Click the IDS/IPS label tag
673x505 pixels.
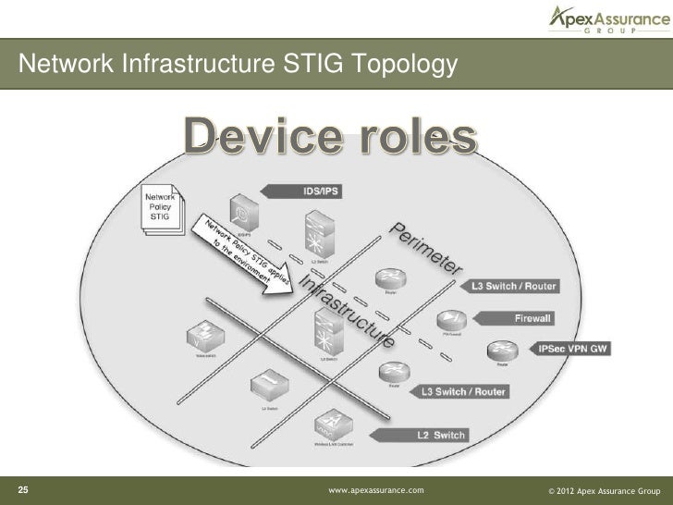point(309,191)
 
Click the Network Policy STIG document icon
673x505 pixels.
point(161,213)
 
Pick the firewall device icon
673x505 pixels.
point(453,320)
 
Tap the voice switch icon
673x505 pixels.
point(202,334)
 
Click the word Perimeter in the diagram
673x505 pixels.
point(428,250)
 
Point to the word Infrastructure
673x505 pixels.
point(345,311)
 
